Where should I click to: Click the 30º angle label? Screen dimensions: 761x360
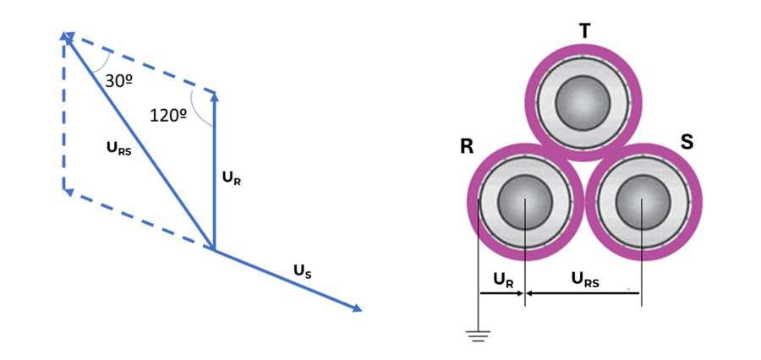119,81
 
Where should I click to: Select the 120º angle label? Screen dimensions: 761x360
169,116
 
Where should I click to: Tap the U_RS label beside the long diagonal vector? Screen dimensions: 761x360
119,149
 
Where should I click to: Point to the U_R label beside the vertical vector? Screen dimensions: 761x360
232,178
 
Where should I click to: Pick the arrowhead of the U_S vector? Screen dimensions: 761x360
357,308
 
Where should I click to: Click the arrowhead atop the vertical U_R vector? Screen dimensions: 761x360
215,97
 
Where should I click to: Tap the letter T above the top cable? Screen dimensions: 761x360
585,30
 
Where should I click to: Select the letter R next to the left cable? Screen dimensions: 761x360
467,147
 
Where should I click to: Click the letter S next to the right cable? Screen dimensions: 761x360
687,143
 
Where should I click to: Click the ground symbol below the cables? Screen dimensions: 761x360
478,335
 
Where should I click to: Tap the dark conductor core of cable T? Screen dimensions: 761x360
583,103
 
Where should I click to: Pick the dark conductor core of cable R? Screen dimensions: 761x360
524,202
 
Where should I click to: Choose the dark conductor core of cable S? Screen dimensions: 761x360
643,202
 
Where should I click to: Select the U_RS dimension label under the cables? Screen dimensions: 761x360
585,280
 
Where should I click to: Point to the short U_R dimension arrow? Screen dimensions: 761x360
501,293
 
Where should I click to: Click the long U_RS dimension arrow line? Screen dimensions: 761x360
583,293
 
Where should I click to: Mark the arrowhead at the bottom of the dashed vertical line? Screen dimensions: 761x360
68,191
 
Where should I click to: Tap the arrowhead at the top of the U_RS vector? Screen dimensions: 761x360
65,37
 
